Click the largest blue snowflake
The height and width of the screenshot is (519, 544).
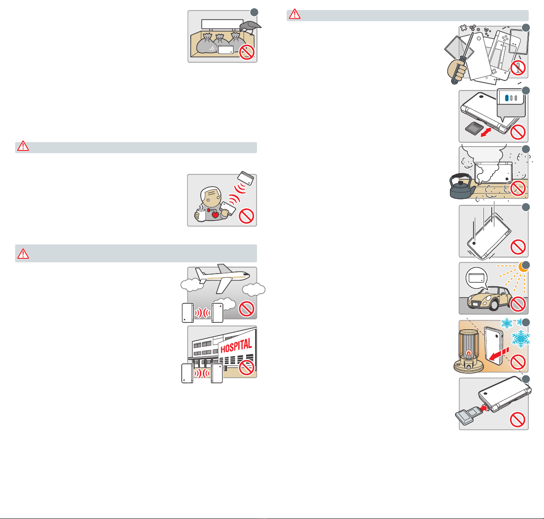coord(520,338)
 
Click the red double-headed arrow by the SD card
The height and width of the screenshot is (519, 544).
coord(489,132)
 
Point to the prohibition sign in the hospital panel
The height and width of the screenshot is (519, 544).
coord(247,368)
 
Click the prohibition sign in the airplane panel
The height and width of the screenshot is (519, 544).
coord(247,309)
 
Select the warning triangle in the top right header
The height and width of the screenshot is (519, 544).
coord(295,14)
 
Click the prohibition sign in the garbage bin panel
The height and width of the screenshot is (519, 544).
coord(247,53)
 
